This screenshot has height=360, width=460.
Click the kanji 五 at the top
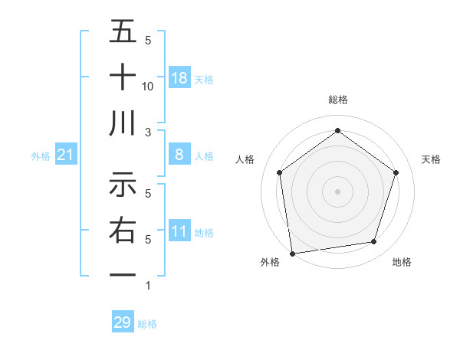point(123,32)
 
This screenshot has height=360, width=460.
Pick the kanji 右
point(123,229)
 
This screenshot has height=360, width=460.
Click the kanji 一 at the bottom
point(123,274)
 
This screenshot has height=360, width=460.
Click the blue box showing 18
point(179,77)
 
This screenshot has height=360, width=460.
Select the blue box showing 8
point(179,155)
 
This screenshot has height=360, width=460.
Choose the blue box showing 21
point(66,155)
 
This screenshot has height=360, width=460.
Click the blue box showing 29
point(123,322)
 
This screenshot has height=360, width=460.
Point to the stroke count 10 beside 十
point(148,86)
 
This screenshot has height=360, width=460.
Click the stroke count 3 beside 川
point(148,132)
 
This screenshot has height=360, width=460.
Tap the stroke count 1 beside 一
point(148,285)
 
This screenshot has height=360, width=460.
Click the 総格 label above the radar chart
point(338,100)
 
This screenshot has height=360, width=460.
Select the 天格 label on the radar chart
point(432,159)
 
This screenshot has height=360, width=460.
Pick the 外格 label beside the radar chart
point(270,263)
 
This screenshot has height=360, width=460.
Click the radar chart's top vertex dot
point(338,131)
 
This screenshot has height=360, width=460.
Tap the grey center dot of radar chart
point(338,191)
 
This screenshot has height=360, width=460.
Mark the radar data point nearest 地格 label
point(374,242)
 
